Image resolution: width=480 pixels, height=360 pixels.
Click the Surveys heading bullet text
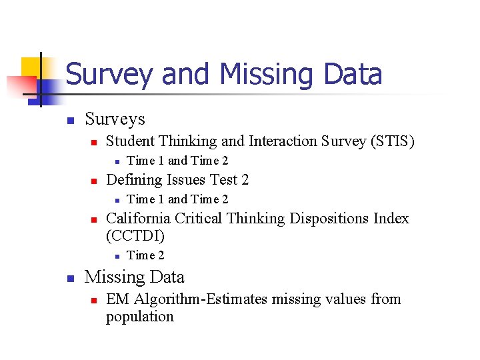pyautogui.click(x=115, y=119)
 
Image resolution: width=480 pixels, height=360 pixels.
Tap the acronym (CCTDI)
pyautogui.click(x=135, y=236)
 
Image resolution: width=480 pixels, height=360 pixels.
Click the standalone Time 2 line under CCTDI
pyautogui.click(x=145, y=255)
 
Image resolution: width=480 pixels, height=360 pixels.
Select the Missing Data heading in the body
pyautogui.click(x=135, y=277)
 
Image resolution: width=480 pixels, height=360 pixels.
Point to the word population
pyautogui.click(x=139, y=317)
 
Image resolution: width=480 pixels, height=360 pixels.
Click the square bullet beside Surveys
pyautogui.click(x=69, y=121)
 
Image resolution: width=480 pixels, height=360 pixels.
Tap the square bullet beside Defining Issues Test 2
pyautogui.click(x=94, y=181)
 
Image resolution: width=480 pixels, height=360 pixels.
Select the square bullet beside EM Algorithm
pyautogui.click(x=94, y=301)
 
